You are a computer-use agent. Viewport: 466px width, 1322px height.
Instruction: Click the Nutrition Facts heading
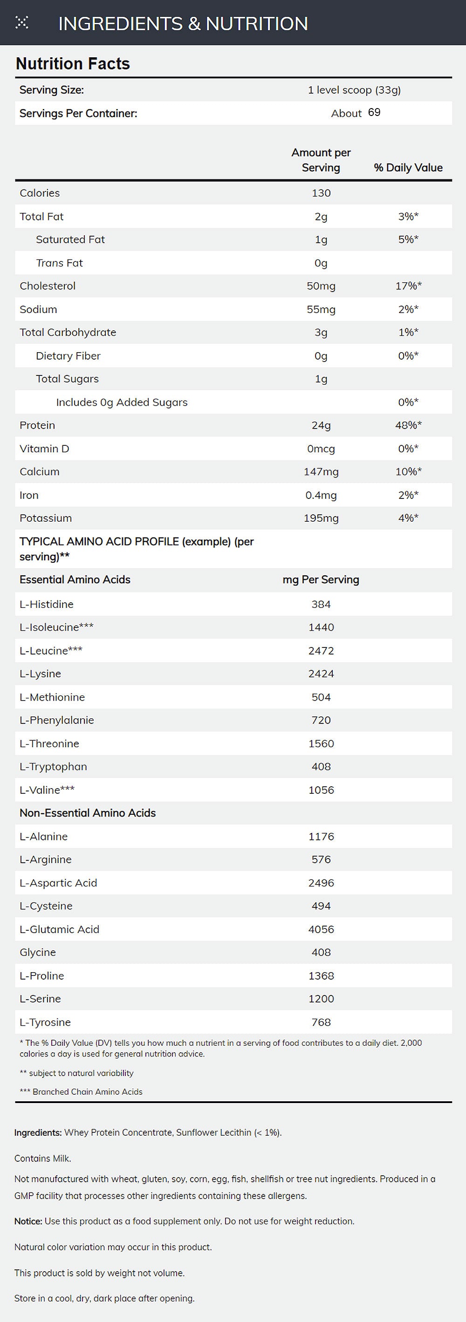73,64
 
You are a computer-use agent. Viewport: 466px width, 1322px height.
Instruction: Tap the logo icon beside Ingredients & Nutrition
21,22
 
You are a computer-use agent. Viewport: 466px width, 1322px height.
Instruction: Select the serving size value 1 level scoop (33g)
354,90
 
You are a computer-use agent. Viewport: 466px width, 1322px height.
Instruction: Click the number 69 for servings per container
374,112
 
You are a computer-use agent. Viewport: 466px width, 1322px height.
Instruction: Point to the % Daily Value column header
408,167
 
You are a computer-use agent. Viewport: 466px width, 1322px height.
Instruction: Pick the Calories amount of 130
321,193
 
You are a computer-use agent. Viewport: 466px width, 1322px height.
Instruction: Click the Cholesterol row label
47,286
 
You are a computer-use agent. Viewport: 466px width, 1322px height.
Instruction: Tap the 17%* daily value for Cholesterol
408,286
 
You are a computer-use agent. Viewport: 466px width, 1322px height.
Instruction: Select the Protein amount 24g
321,425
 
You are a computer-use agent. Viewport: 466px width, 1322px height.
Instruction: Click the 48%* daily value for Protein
408,425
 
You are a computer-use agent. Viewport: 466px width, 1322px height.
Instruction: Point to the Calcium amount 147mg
321,471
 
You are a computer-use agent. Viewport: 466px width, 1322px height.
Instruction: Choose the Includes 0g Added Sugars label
122,402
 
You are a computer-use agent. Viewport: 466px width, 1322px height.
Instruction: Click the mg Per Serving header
321,579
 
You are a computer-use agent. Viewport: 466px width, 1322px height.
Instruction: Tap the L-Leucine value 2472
321,651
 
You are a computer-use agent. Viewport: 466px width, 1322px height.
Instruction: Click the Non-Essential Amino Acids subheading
87,813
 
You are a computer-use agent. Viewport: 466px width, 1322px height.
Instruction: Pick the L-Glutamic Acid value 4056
321,929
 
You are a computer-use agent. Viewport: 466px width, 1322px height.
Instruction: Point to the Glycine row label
37,953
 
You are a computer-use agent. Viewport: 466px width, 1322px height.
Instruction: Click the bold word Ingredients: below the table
38,1132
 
